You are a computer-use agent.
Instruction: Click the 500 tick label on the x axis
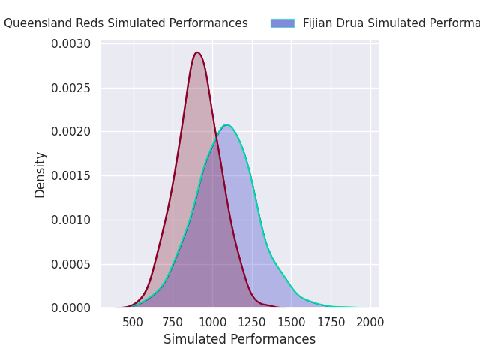click(133, 322)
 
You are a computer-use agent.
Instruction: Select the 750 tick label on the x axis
click(172, 322)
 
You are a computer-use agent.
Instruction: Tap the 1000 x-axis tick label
click(212, 322)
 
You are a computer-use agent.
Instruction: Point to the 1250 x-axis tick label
click(252, 322)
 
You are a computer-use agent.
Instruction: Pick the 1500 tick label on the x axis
click(291, 322)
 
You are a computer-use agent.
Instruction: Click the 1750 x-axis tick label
click(331, 322)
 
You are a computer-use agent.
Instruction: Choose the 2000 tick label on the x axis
click(370, 322)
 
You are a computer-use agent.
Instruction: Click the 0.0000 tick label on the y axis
click(70, 308)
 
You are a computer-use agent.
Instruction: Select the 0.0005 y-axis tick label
click(70, 264)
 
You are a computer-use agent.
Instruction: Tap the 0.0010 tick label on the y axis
click(70, 220)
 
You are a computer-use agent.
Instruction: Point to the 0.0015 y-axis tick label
click(70, 176)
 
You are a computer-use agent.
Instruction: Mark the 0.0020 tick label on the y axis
click(70, 132)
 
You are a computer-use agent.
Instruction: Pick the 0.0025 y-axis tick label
click(70, 88)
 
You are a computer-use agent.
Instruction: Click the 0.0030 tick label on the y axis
click(70, 44)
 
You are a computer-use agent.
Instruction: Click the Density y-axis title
click(40, 175)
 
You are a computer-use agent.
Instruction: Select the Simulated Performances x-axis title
click(239, 340)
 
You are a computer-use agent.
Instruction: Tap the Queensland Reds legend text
click(126, 23)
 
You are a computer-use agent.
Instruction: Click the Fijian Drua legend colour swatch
click(283, 23)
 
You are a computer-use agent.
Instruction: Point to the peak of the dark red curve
click(197, 52)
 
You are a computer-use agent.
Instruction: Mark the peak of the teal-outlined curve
click(226, 124)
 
